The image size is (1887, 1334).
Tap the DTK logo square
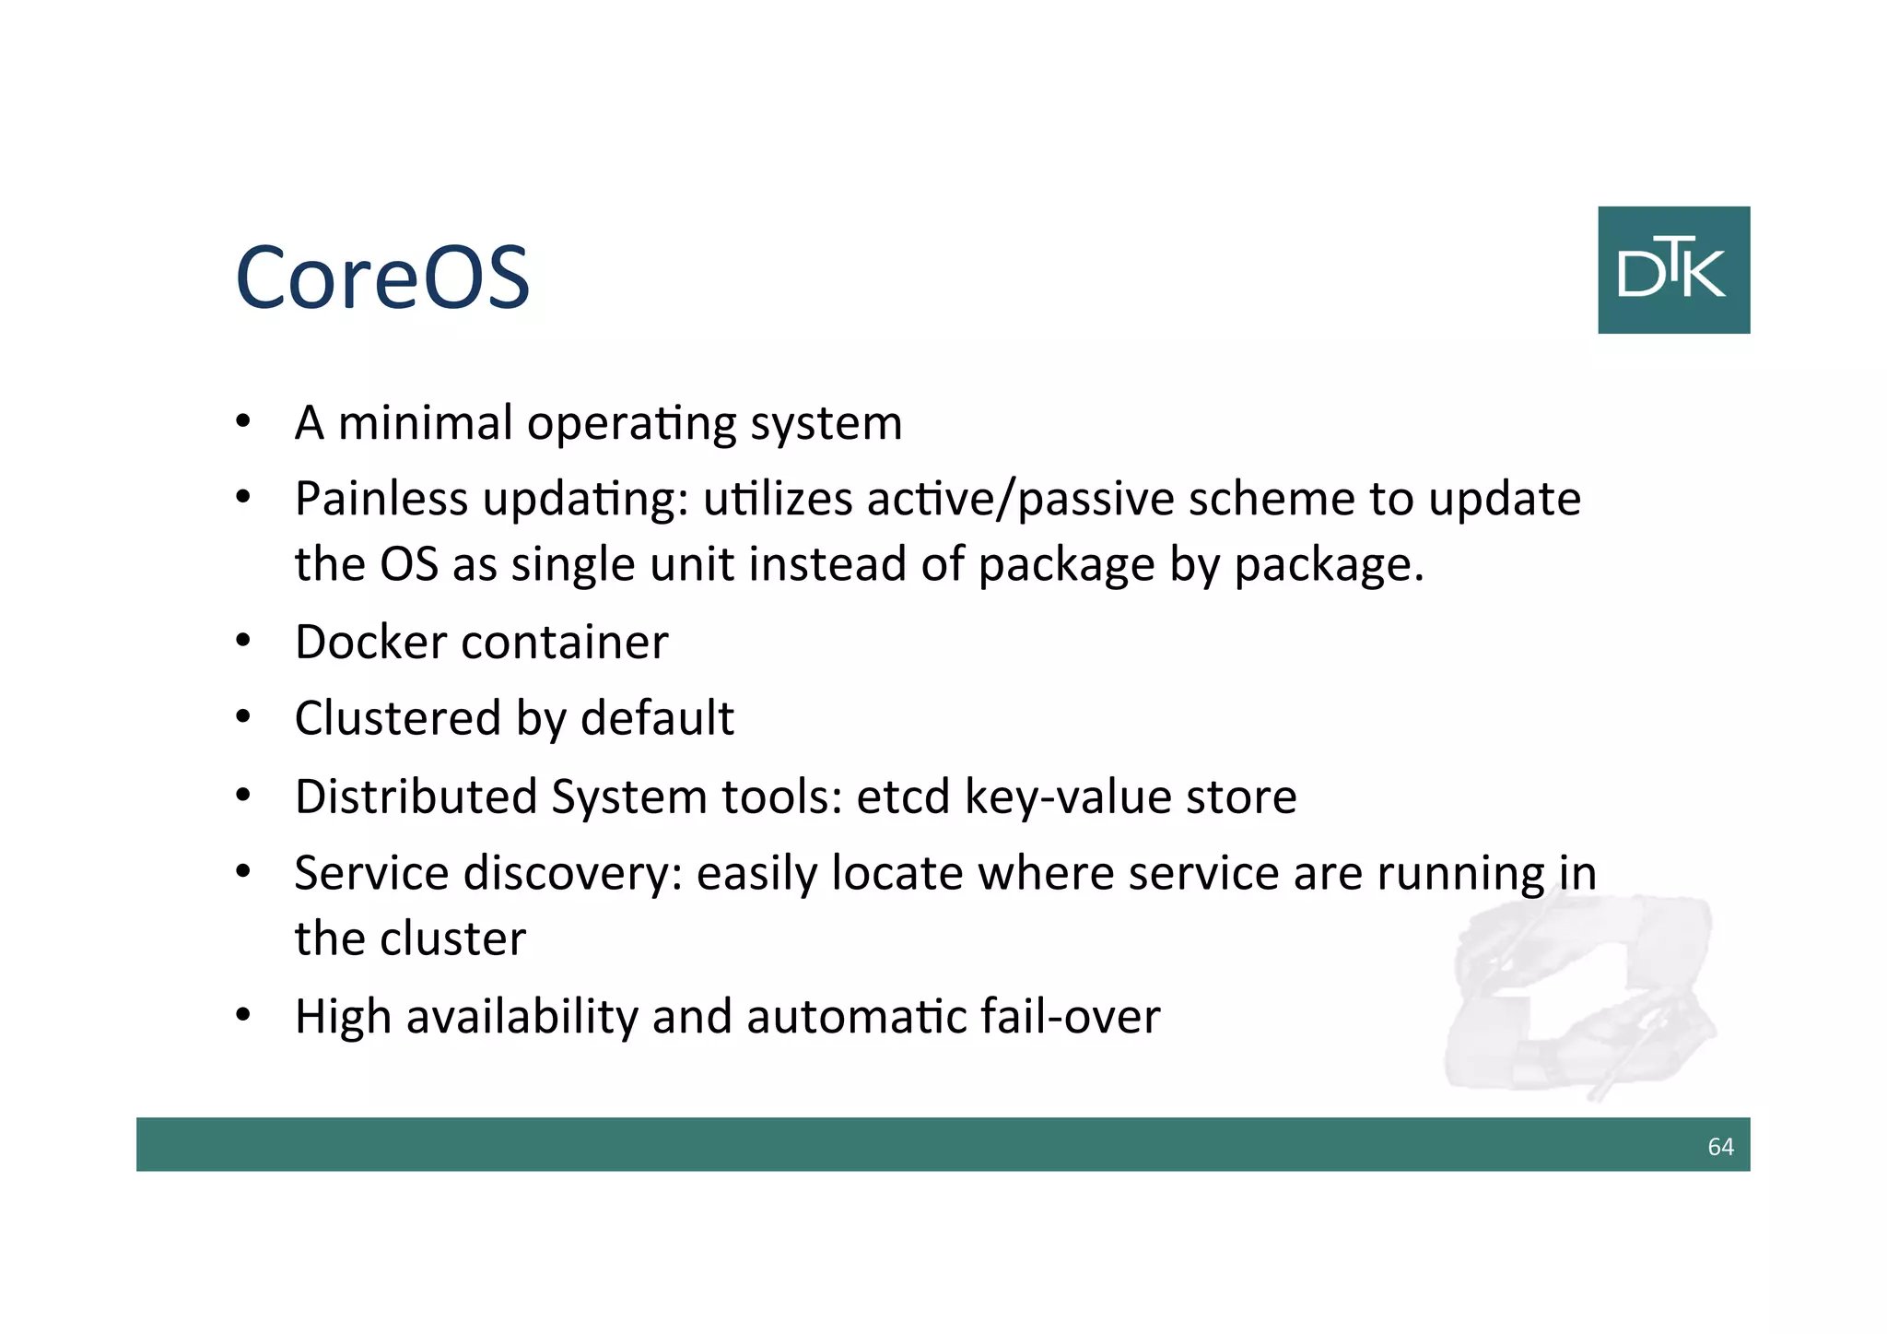1673,270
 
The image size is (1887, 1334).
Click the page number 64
1720,1146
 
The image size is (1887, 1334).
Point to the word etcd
902,797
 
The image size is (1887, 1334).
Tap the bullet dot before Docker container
243,642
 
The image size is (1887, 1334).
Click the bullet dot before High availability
243,1016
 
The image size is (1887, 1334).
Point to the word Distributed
416,797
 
